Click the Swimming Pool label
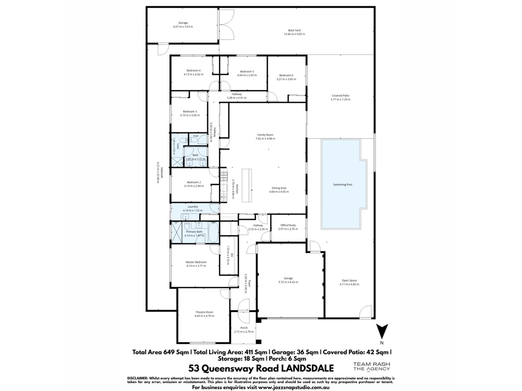(343, 185)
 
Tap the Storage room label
(183, 23)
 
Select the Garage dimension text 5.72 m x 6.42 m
(288, 282)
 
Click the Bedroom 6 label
(286, 75)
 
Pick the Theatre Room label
(204, 312)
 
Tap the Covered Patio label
(340, 96)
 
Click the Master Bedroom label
(196, 262)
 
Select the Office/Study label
(288, 225)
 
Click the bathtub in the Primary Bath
(213, 232)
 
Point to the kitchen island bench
(247, 185)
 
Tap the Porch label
(244, 328)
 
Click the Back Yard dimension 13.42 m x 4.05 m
(294, 34)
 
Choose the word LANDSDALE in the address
(307, 368)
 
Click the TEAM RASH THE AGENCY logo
(371, 367)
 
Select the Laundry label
(193, 207)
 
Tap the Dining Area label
(279, 188)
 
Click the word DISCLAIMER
(137, 378)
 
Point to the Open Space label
(349, 280)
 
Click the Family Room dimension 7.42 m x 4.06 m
(265, 138)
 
